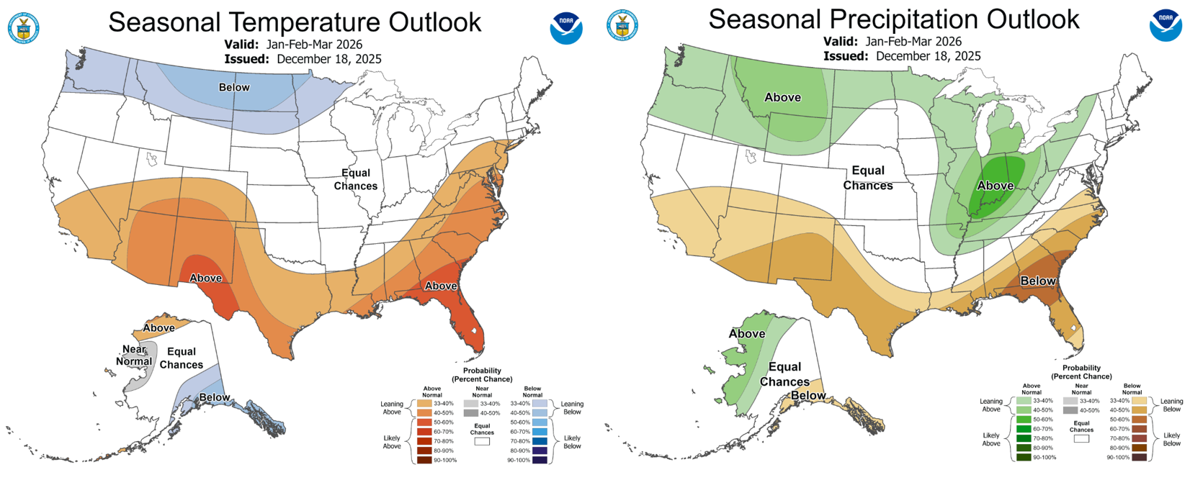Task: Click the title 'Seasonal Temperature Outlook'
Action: (x=295, y=22)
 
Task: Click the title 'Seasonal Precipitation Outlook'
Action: (x=894, y=19)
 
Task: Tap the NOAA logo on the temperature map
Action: (x=566, y=28)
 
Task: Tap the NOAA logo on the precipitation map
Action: (x=1166, y=25)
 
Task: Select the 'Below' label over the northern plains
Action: (x=234, y=87)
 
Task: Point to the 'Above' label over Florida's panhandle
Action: (x=441, y=286)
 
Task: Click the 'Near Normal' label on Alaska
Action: (x=135, y=356)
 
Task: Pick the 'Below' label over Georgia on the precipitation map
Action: (x=1038, y=281)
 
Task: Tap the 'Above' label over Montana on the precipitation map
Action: (x=782, y=97)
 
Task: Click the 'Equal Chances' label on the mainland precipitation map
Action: (x=868, y=178)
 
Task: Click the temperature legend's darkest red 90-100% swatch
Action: (x=424, y=460)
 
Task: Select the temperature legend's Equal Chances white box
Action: (x=482, y=442)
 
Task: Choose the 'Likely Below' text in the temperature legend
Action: (x=572, y=442)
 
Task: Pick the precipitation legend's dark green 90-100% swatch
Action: (x=1024, y=457)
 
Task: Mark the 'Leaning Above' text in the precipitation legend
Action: (x=991, y=405)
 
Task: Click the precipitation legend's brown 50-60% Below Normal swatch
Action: (x=1140, y=419)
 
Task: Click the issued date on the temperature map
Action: (x=329, y=59)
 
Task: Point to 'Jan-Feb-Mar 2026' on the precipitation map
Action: (x=913, y=41)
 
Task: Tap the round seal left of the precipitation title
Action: (x=622, y=25)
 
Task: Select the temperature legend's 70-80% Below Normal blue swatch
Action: (x=540, y=441)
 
